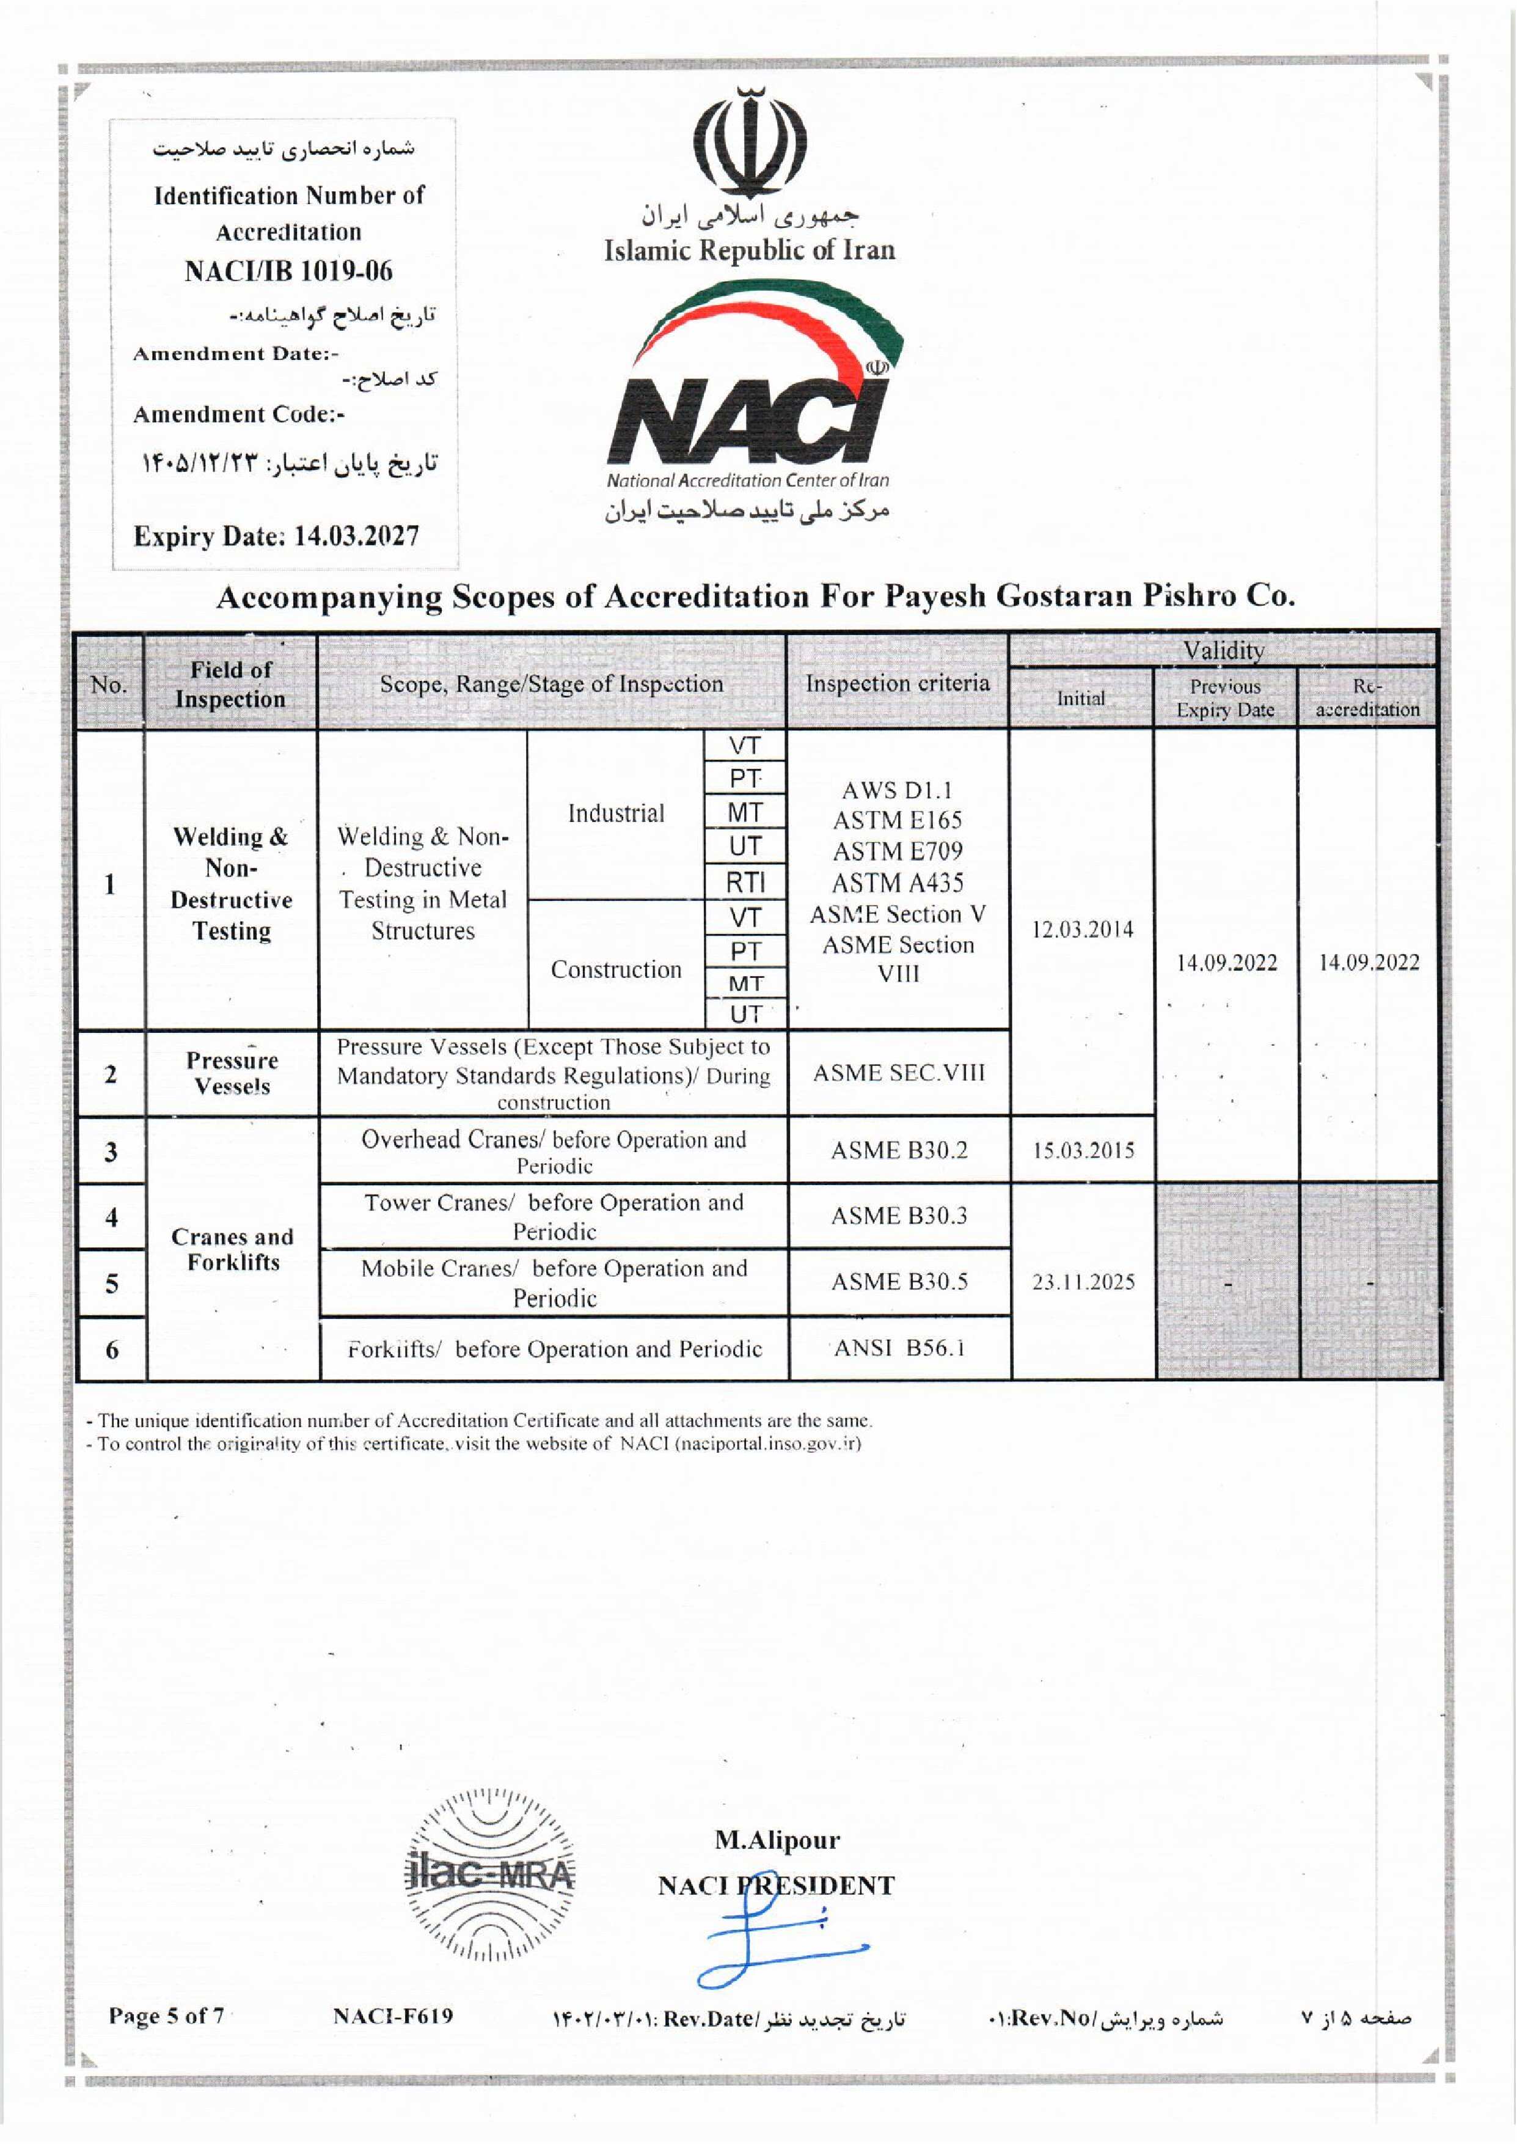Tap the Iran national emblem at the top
click(x=750, y=140)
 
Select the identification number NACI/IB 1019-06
click(x=288, y=272)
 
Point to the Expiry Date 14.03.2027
click(x=277, y=536)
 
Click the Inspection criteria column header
click(x=897, y=683)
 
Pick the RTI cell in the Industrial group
click(x=745, y=882)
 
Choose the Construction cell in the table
click(x=616, y=970)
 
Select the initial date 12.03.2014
click(x=1082, y=930)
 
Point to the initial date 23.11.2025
click(x=1083, y=1282)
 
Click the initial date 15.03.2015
click(x=1083, y=1150)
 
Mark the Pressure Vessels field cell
click(x=232, y=1073)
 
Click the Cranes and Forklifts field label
click(x=233, y=1249)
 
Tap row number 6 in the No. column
click(x=112, y=1349)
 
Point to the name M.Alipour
click(x=777, y=1840)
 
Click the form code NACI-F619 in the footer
click(x=392, y=2016)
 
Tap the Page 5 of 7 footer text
click(x=166, y=2016)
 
